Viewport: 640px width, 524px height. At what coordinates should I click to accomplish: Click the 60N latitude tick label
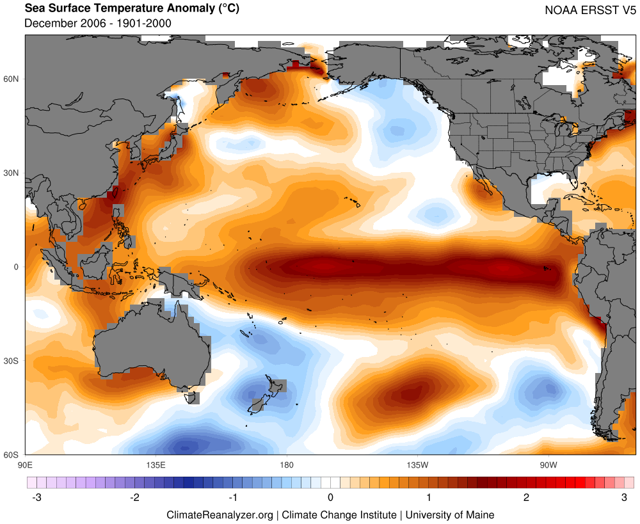pyautogui.click(x=12, y=79)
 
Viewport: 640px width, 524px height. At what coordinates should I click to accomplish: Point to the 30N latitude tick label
pyautogui.click(x=12, y=173)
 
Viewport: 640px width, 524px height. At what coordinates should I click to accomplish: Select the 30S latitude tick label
pyautogui.click(x=12, y=361)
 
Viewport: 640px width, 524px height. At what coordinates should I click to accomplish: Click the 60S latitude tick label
pyautogui.click(x=12, y=455)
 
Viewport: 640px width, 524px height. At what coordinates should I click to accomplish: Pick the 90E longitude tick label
pyautogui.click(x=25, y=464)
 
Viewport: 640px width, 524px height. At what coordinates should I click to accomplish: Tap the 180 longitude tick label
pyautogui.click(x=286, y=464)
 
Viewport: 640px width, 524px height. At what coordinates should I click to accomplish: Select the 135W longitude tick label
pyautogui.click(x=417, y=464)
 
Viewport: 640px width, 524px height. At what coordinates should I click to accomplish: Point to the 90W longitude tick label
pyautogui.click(x=547, y=464)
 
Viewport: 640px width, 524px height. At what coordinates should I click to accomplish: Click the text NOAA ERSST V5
pyautogui.click(x=588, y=10)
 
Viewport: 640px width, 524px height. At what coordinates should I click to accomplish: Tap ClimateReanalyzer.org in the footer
pyautogui.click(x=220, y=514)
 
